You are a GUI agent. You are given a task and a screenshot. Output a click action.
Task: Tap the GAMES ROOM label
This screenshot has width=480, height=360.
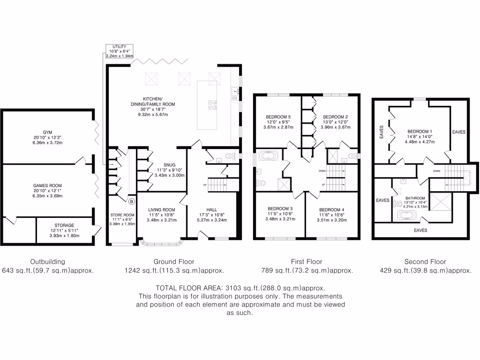point(47,186)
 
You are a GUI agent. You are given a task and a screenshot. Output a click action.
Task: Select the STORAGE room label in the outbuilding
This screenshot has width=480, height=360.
point(64,225)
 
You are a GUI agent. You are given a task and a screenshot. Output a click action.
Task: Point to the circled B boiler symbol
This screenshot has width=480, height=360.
point(131,202)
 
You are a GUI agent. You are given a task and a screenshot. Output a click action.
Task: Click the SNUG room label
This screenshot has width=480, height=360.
point(170,165)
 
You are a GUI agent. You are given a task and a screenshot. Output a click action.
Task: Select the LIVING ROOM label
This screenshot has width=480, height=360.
point(162,210)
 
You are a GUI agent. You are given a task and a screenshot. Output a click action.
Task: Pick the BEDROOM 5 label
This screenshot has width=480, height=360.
point(278,117)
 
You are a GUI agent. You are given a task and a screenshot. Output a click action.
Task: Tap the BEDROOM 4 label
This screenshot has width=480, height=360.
point(331,209)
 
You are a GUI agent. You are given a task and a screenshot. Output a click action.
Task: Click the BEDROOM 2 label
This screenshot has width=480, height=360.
point(335,117)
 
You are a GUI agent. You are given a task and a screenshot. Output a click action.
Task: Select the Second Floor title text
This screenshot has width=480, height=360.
point(425,262)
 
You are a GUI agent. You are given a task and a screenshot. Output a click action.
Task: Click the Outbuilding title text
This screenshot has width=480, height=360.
point(47,262)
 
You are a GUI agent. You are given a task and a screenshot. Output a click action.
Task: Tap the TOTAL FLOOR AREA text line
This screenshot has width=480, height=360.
point(240,288)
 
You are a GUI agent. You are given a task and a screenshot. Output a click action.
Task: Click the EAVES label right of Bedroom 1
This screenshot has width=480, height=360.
point(458,132)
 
